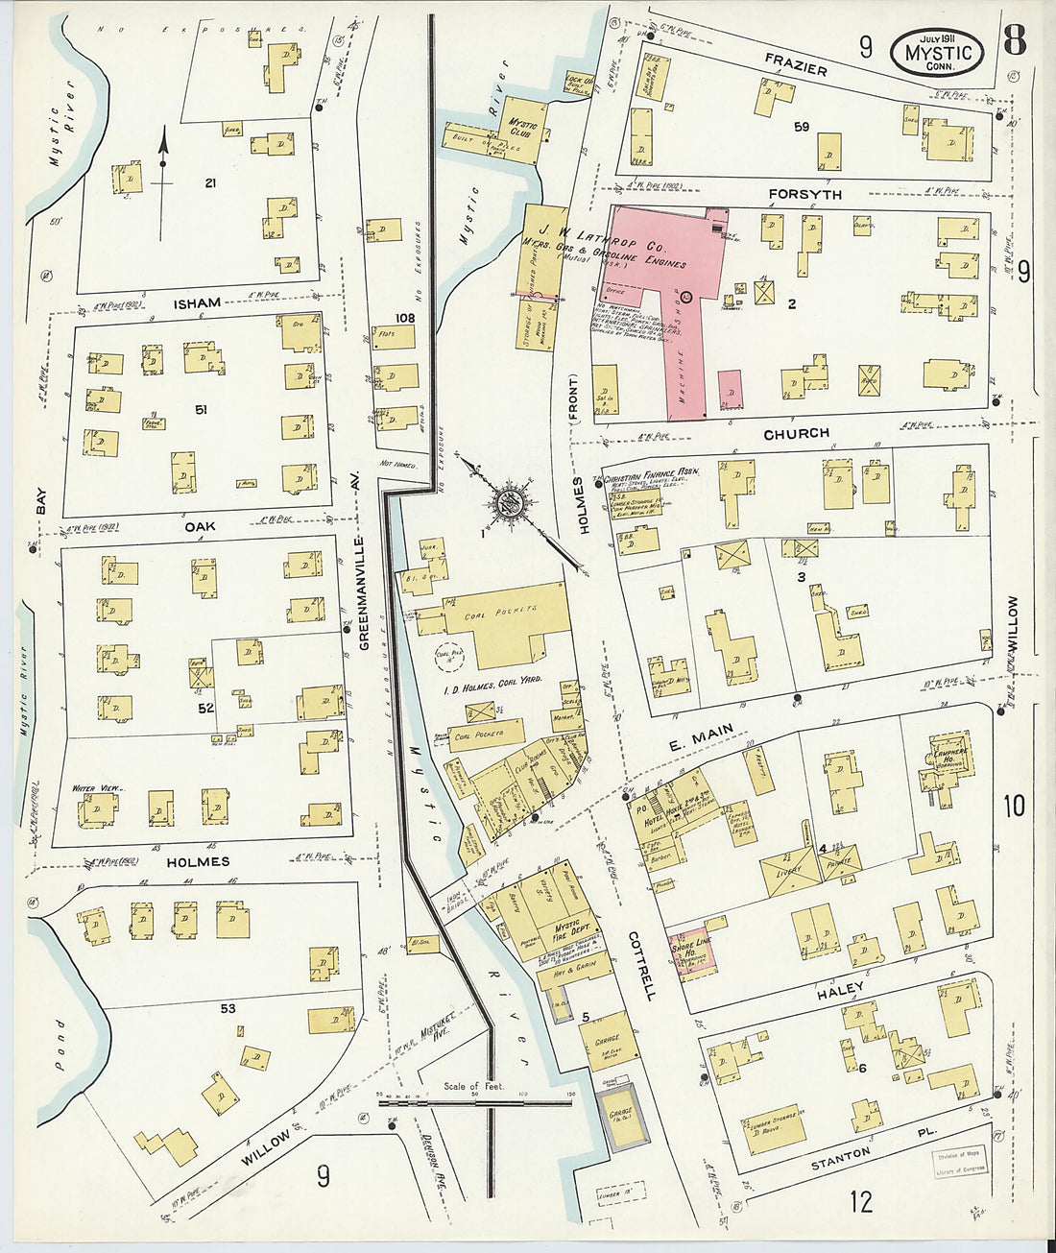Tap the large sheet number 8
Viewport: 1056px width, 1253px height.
click(1014, 41)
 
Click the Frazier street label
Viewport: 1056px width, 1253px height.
click(796, 62)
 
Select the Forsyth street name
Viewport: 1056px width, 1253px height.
click(804, 194)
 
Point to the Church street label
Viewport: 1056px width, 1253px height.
click(796, 433)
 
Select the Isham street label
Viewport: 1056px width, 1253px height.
click(197, 302)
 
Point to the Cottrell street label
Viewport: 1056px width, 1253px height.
click(640, 965)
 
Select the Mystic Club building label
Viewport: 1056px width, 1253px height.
click(523, 129)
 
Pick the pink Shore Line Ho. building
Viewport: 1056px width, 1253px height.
click(689, 953)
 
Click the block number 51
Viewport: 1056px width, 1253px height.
click(201, 410)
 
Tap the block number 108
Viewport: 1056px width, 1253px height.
click(402, 317)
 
